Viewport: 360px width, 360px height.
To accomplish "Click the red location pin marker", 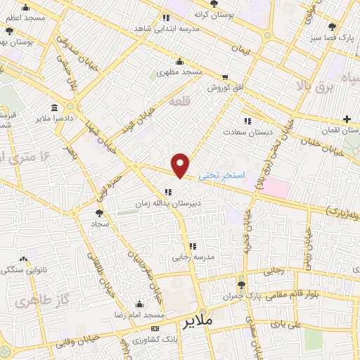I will click(x=181, y=165).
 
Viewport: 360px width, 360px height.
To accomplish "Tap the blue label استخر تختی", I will click(x=221, y=174).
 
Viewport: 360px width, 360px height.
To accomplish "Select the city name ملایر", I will click(x=199, y=323).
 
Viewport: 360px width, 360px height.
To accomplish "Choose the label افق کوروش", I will click(x=224, y=89).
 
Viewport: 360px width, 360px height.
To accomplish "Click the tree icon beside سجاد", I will click(x=99, y=213).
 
